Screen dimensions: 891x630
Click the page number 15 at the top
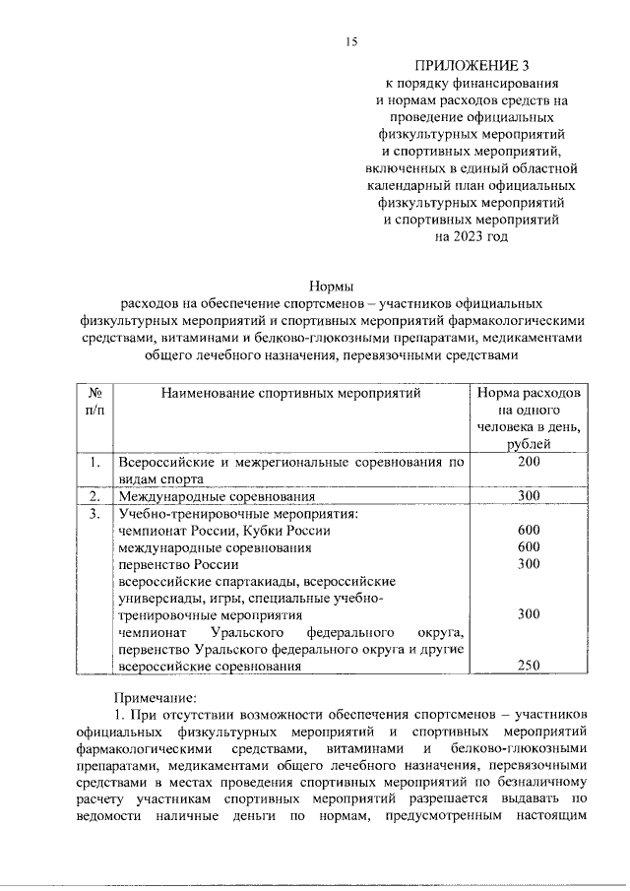click(349, 40)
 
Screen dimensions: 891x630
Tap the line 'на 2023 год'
click(470, 237)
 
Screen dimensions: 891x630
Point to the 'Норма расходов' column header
click(529, 393)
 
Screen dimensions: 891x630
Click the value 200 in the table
click(529, 462)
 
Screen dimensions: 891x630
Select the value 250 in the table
click(529, 666)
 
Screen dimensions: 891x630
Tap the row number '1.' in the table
click(95, 462)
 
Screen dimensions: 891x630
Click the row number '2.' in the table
click(95, 496)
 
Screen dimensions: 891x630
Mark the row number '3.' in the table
click(95, 513)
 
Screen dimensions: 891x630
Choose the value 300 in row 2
click(529, 496)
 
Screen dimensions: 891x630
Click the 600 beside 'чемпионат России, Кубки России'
click(529, 530)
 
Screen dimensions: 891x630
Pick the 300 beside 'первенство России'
click(529, 563)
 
